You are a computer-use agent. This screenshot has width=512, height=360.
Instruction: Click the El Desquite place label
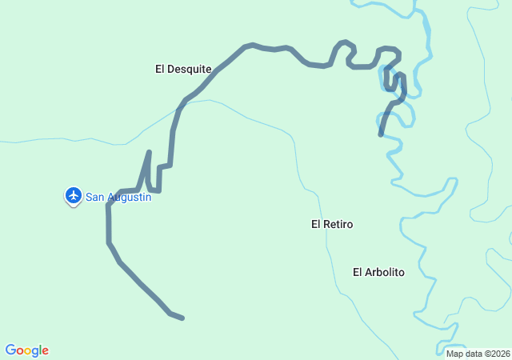pyautogui.click(x=183, y=69)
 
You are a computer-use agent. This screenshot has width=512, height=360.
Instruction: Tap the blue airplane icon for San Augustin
pyautogui.click(x=74, y=194)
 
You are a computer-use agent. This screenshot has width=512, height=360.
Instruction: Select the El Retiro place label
pyautogui.click(x=332, y=224)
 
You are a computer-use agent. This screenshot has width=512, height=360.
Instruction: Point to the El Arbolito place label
pyautogui.click(x=378, y=272)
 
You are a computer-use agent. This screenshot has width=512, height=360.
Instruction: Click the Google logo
pyautogui.click(x=27, y=350)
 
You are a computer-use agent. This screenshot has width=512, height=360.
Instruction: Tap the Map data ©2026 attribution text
pyautogui.click(x=478, y=354)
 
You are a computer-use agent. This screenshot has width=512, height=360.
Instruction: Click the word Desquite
pyautogui.click(x=190, y=69)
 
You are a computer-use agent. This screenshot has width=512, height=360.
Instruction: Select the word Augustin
pyautogui.click(x=128, y=197)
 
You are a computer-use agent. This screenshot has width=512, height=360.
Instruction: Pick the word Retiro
pyautogui.click(x=338, y=224)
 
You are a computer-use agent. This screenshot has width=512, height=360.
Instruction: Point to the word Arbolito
pyautogui.click(x=385, y=272)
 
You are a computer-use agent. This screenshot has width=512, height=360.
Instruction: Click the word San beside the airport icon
pyautogui.click(x=94, y=197)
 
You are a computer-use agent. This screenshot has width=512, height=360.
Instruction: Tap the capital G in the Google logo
pyautogui.click(x=10, y=350)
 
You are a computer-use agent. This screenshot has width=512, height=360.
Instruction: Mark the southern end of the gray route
pyautogui.click(x=182, y=318)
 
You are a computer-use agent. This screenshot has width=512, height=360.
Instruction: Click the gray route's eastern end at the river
pyautogui.click(x=381, y=135)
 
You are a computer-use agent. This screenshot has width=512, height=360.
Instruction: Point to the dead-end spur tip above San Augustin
pyautogui.click(x=149, y=151)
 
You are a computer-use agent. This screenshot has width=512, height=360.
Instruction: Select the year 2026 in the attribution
pyautogui.click(x=501, y=354)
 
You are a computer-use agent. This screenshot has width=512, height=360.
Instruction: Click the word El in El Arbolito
pyautogui.click(x=358, y=272)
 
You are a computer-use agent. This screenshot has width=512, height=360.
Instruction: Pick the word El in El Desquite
pyautogui.click(x=160, y=69)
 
